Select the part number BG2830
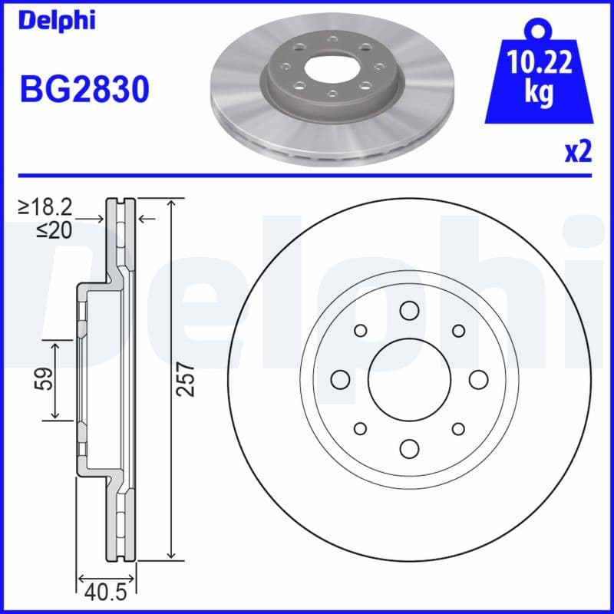tap(84, 90)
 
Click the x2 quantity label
tap(578, 152)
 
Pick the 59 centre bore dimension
tap(46, 379)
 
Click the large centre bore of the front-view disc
tap(408, 379)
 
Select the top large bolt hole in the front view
tap(408, 310)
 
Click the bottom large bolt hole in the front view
tap(408, 448)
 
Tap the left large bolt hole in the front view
tap(339, 379)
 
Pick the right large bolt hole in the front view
tap(477, 379)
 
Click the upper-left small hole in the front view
tap(359, 330)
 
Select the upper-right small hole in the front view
tap(458, 330)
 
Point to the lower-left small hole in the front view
tap(359, 428)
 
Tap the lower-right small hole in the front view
tap(458, 428)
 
